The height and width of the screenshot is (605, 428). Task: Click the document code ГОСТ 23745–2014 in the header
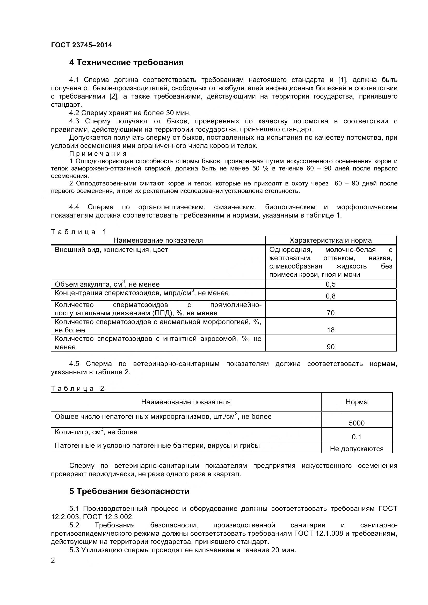point(82,45)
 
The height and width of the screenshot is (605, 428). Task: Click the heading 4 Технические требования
point(126,63)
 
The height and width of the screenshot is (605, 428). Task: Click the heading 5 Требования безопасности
point(129,491)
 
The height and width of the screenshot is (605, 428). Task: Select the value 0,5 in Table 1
point(330,284)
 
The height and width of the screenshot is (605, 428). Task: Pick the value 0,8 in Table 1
point(330,296)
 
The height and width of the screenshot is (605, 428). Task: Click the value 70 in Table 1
point(330,313)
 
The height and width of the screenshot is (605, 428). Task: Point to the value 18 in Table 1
point(330,330)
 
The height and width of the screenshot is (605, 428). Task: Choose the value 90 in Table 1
point(330,347)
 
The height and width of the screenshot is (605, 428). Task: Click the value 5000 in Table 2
point(357,423)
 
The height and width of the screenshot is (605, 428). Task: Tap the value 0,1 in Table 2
point(357,437)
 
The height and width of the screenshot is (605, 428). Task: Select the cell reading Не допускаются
point(357,449)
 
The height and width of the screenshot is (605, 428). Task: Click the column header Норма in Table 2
point(357,402)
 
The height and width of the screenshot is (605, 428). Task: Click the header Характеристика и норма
point(330,240)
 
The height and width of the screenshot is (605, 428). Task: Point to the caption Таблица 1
point(79,232)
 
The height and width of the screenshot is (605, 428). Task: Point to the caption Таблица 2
point(77,389)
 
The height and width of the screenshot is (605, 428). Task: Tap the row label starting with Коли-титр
point(96,432)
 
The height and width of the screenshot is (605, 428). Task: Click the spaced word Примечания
point(98,154)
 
